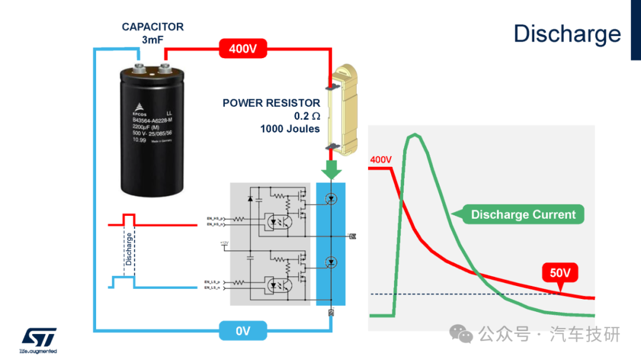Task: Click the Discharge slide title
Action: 567,34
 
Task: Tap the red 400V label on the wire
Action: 243,49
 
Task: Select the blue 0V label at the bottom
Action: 243,331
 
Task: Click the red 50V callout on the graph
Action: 560,274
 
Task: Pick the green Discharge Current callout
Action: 523,215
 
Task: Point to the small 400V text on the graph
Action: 381,160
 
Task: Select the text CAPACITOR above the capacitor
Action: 153,27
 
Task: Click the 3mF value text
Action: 153,40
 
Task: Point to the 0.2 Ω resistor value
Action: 307,116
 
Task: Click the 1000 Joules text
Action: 290,129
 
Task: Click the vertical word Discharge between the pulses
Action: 129,249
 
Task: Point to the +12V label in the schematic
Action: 224,243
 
